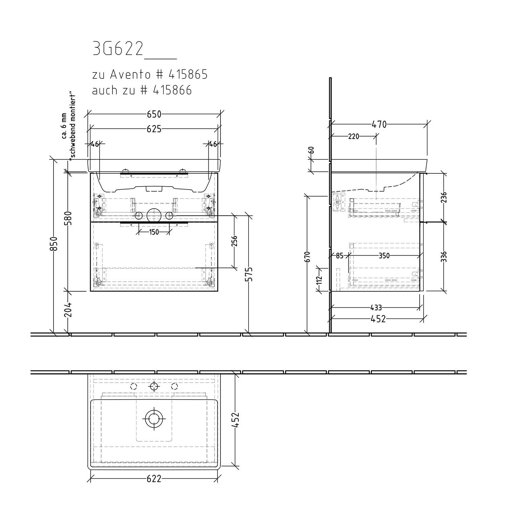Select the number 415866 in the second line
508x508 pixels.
tap(172, 90)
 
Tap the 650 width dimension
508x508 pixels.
tap(154, 114)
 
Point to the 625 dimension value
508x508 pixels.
tap(154, 129)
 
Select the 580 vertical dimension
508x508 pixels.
tap(68, 218)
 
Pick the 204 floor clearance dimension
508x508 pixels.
tap(68, 309)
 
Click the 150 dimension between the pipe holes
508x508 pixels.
tap(154, 232)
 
